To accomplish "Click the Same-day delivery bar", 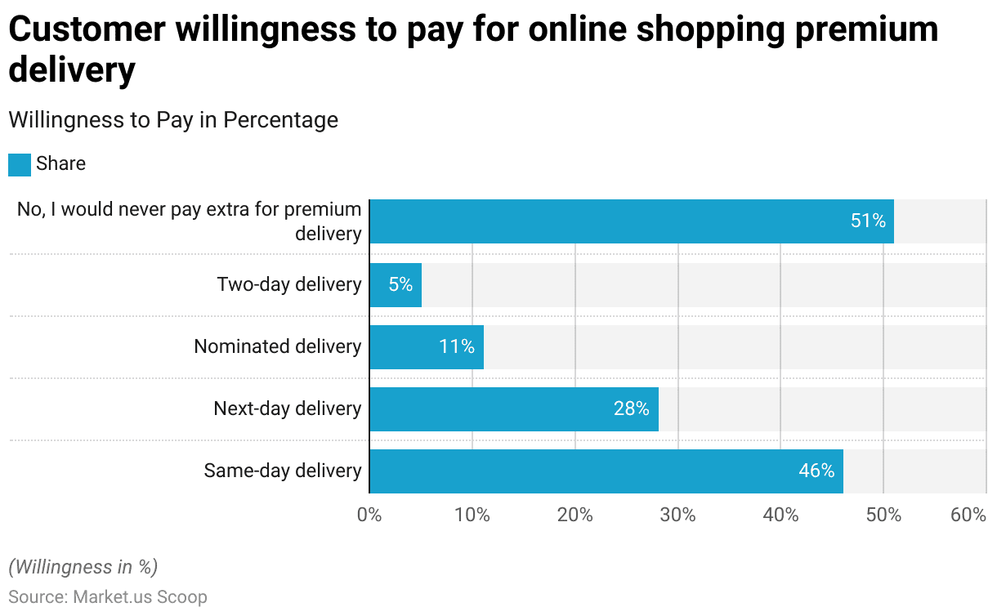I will (606, 471).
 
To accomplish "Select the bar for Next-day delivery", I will (513, 409).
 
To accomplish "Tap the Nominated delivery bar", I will (426, 347).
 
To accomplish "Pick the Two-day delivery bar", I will (395, 285).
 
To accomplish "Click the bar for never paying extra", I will (631, 221).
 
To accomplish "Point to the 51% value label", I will (868, 221).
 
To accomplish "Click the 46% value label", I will (816, 471).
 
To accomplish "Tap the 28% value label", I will (632, 408).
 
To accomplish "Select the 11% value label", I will (456, 346).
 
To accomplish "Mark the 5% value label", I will (400, 285).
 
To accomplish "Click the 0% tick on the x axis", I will (369, 516).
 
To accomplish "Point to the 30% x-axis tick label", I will (677, 516).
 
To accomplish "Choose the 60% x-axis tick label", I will (969, 516).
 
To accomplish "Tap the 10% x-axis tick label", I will (472, 516).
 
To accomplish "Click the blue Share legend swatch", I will (20, 164).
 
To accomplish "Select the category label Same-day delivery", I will (283, 471).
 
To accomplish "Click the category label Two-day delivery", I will (289, 285).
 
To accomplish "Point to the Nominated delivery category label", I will (278, 346).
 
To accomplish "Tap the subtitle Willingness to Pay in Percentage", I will (173, 120).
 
